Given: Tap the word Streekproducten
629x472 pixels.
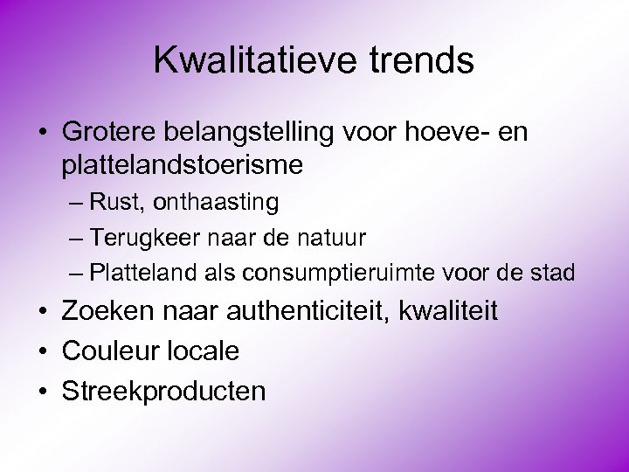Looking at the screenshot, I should [163, 391].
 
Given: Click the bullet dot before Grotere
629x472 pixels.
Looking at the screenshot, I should [43, 133].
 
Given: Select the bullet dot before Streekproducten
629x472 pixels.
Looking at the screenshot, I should [43, 392].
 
